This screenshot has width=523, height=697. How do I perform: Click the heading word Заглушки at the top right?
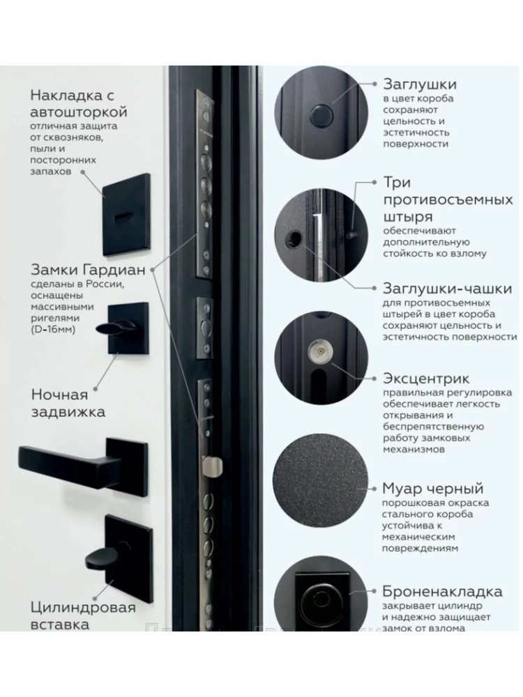point(419,84)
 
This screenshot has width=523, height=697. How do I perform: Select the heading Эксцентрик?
point(426,378)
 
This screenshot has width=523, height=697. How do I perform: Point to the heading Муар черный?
point(433,488)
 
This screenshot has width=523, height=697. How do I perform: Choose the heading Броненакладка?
point(442,591)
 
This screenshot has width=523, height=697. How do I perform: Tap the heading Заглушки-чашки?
point(448,289)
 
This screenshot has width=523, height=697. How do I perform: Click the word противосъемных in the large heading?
point(448,199)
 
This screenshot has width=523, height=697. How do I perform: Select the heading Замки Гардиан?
point(88,269)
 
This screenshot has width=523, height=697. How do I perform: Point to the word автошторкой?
point(79,111)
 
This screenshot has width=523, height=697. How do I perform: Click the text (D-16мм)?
point(53,330)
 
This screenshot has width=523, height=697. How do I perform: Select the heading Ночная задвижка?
point(68,403)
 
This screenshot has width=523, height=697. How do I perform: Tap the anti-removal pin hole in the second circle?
point(294,239)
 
